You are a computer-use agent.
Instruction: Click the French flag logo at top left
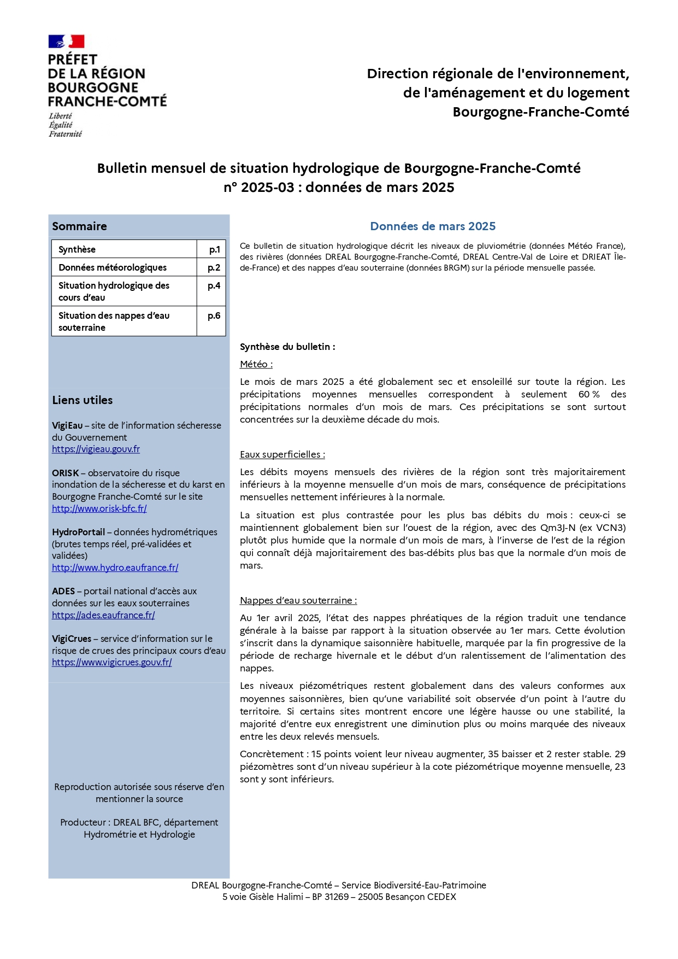(66, 42)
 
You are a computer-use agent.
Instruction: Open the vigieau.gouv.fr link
(96, 449)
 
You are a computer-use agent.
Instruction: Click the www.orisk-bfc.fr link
(99, 508)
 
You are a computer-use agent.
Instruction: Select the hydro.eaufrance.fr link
(115, 568)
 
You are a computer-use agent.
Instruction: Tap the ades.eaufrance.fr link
(103, 615)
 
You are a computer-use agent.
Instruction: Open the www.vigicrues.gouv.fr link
(112, 662)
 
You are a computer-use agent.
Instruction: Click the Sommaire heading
(79, 226)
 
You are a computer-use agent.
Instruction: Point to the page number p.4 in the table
(214, 285)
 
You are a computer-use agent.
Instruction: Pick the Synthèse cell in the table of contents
(77, 249)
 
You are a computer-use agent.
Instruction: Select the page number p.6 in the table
(214, 315)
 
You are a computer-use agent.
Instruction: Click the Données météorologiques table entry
(113, 267)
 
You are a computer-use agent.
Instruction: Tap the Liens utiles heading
(82, 400)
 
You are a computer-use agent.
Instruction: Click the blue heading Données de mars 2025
(433, 226)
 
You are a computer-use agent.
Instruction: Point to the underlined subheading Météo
(256, 364)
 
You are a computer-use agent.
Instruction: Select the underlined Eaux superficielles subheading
(282, 454)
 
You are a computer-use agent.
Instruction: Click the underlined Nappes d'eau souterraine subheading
(298, 600)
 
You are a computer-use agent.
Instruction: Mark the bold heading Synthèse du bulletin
(287, 347)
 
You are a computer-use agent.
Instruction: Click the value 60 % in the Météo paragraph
(588, 394)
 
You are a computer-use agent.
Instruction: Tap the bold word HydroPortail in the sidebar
(78, 532)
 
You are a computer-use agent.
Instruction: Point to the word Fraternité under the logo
(65, 134)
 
